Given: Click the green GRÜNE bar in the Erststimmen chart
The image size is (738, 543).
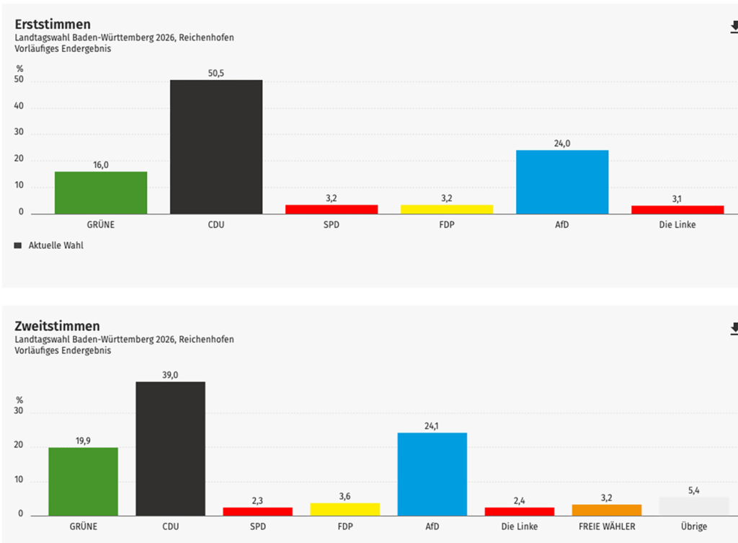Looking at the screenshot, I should point(101,193).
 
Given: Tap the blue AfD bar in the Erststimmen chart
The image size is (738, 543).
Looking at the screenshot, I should point(562,182).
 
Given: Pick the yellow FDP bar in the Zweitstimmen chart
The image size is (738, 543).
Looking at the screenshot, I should point(344,509).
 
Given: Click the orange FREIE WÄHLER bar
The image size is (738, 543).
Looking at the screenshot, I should point(607,510).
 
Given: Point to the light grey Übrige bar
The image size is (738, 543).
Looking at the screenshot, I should point(694,506).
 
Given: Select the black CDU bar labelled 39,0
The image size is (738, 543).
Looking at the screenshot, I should point(171,448).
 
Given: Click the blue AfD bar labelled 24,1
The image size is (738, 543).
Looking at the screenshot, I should point(432,474).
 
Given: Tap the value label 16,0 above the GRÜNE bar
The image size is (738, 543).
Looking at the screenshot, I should point(101,165).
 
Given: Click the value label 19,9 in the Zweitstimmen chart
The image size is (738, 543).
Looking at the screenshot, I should point(83,441).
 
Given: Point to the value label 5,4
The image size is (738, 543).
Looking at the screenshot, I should point(694,490).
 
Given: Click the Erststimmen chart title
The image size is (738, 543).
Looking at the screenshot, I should point(53,25).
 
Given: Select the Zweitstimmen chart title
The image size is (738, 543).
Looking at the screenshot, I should point(57,326).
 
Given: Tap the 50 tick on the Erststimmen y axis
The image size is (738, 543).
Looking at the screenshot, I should point(19,81).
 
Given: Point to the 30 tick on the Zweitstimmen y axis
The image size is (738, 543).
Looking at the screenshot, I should point(19,412).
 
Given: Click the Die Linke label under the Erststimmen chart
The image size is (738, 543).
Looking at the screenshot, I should point(677,224).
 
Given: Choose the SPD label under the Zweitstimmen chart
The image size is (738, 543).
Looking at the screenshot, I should point(257,526).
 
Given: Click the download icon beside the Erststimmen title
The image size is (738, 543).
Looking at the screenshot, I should point(734,27).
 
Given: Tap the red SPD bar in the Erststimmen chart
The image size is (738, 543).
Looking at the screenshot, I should point(332,209).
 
